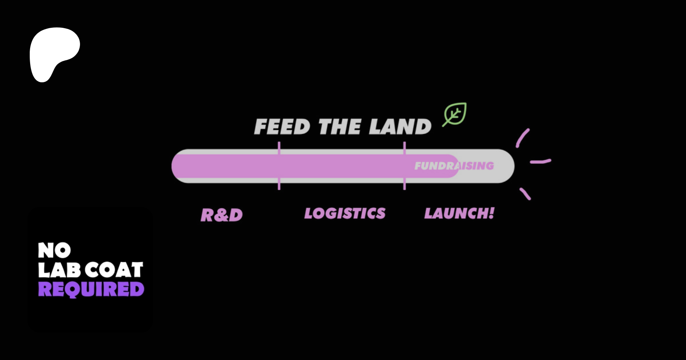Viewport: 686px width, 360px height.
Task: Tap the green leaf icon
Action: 455,114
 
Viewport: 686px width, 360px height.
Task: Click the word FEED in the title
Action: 282,127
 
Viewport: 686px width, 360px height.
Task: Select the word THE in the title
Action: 340,127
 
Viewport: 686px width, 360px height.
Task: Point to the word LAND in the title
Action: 400,127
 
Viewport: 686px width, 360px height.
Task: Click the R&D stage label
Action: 221,215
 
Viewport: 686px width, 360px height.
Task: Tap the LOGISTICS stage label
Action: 345,213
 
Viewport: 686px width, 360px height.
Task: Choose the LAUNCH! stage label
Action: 459,213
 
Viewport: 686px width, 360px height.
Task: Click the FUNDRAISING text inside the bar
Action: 454,166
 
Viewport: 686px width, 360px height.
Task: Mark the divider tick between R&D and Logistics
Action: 279,166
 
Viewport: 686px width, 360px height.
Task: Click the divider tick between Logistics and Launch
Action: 404,166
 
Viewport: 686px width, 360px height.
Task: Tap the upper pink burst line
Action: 522,138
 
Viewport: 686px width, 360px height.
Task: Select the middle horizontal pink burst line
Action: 540,162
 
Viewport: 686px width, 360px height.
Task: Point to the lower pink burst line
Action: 525,194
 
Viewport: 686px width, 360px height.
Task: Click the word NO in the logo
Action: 54,250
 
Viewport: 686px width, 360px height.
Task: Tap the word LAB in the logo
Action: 59,270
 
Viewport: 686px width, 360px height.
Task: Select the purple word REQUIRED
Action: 91,289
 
